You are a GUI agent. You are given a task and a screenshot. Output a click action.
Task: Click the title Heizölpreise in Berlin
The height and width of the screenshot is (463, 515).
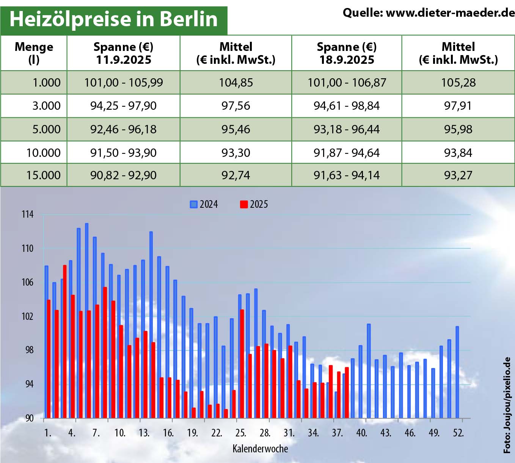[113, 19]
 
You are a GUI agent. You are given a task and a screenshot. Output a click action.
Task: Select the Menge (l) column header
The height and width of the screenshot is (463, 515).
[34, 53]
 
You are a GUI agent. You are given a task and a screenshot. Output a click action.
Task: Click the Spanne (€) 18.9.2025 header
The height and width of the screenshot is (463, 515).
[347, 53]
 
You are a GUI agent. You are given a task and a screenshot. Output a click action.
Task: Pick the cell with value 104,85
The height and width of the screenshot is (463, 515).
[236, 82]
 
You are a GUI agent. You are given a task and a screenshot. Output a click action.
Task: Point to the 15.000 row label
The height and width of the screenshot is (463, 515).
[43, 175]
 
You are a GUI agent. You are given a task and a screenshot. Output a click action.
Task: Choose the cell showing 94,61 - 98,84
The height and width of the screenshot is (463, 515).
[347, 106]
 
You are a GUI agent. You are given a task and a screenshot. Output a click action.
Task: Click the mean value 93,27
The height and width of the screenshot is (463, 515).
[458, 175]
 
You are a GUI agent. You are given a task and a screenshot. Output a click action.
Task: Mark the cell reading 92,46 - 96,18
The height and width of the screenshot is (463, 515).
[123, 129]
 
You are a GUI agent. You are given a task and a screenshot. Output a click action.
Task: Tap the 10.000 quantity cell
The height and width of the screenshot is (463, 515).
[43, 153]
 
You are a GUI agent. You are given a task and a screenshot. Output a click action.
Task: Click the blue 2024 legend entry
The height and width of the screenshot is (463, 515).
[204, 204]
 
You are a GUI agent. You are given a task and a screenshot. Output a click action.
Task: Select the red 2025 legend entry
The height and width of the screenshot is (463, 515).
[254, 204]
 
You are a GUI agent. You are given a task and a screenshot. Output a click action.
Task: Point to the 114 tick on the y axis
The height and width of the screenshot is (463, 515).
[27, 215]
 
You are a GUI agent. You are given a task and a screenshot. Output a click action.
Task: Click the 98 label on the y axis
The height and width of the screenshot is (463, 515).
[29, 350]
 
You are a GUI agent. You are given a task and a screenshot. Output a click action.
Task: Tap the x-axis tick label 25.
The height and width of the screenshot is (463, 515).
[240, 433]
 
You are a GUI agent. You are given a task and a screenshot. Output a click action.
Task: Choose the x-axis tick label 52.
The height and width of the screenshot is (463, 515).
[458, 433]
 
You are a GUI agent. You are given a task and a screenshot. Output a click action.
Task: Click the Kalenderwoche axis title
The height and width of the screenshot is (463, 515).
[260, 449]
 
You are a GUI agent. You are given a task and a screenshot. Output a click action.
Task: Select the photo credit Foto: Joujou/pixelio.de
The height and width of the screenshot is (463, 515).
[507, 405]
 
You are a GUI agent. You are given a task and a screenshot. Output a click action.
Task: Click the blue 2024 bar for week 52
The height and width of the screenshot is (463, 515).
[457, 372]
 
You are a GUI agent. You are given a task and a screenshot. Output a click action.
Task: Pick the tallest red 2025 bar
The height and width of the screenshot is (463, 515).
[65, 342]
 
